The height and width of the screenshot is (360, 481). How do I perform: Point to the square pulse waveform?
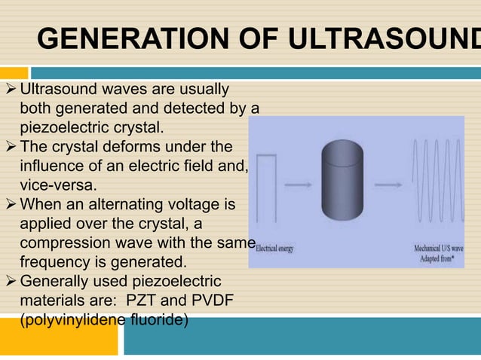click(268, 188)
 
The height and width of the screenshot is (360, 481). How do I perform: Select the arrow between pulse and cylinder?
click(304, 183)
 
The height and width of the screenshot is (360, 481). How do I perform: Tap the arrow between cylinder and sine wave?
click(397, 183)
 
